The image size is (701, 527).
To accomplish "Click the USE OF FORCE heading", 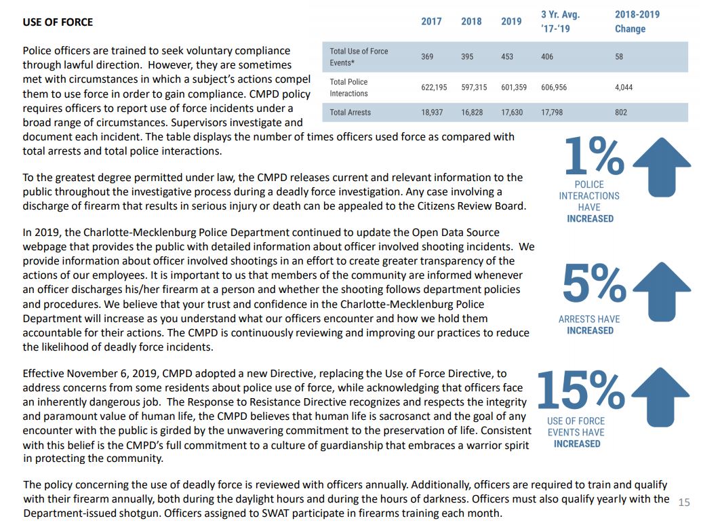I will click(x=58, y=22).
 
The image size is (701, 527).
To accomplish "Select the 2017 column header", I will click(x=431, y=22).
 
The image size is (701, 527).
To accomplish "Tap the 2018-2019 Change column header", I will click(x=637, y=22).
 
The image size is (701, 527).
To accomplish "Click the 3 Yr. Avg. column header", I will click(x=560, y=22).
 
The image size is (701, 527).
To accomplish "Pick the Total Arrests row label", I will click(x=350, y=113).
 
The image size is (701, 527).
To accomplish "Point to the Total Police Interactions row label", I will click(x=348, y=87).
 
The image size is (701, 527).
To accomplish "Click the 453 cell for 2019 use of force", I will click(x=507, y=57).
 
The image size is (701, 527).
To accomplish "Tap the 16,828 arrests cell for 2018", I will click(x=472, y=113).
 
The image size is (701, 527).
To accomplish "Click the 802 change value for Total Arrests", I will click(x=621, y=113).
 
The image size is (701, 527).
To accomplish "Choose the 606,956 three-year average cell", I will click(x=554, y=87).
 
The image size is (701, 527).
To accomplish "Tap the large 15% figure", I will click(x=581, y=389).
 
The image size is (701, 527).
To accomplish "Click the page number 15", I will click(x=683, y=503).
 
